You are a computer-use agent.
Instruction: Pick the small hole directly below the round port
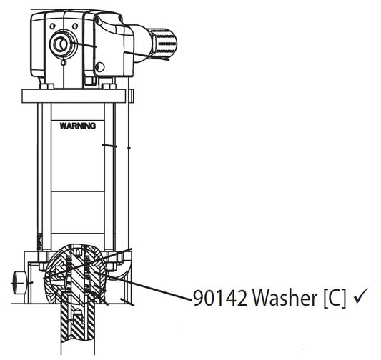coord(63,62)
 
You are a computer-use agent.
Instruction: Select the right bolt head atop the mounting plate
coord(113,86)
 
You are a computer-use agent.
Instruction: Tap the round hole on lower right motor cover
coord(101,68)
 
